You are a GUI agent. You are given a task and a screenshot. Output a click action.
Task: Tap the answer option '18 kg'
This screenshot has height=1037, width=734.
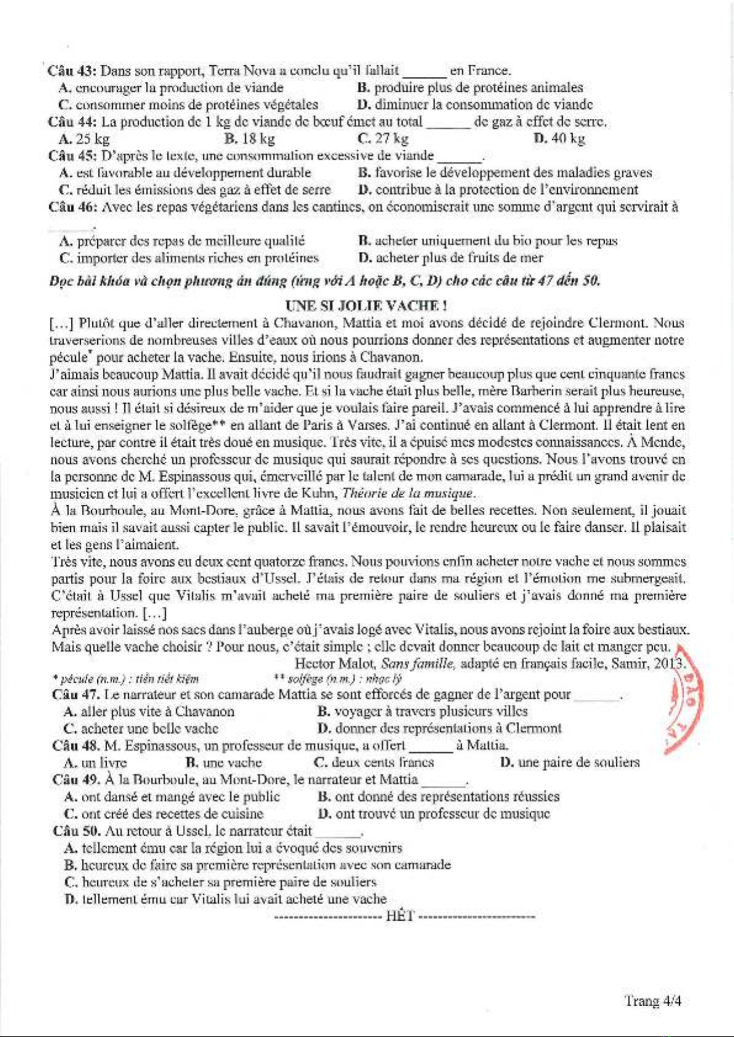[257, 138]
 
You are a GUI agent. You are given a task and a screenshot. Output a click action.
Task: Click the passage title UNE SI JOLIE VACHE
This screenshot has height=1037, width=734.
[366, 305]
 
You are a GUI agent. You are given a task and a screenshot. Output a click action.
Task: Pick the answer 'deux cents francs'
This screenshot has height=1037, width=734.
[382, 763]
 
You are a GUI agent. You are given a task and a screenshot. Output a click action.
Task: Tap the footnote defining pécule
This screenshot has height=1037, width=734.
[126, 679]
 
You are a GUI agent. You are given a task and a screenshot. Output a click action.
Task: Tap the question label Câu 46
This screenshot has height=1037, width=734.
[73, 207]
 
